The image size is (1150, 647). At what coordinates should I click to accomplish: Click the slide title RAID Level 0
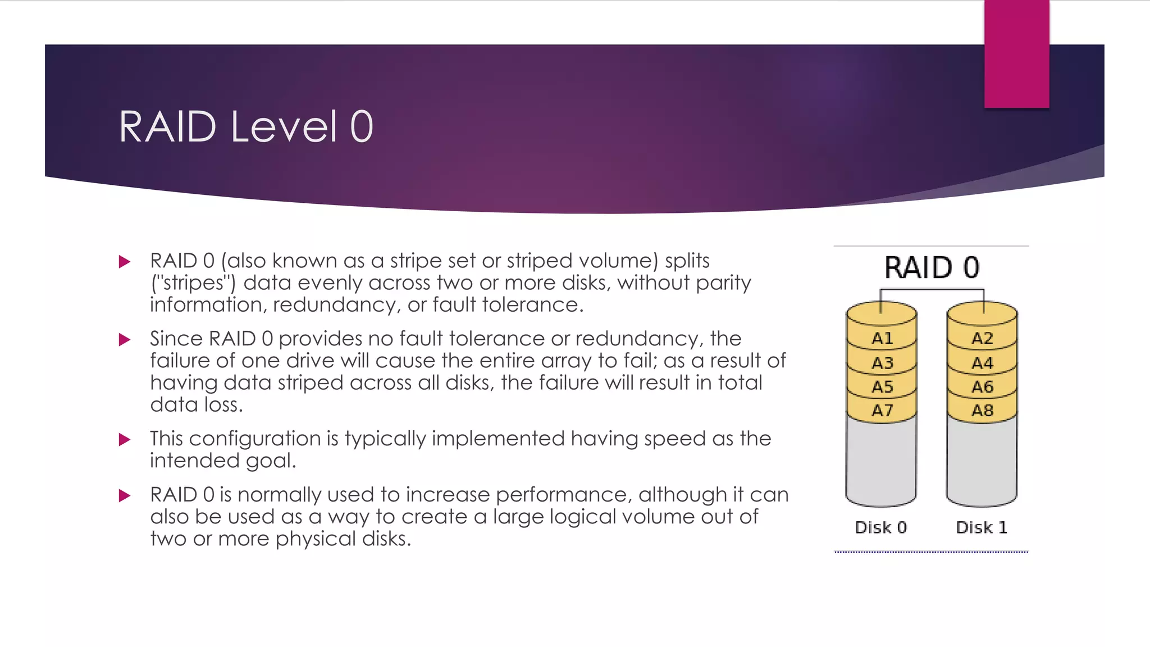click(x=246, y=127)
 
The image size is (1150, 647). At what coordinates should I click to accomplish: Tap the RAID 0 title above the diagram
click(x=932, y=267)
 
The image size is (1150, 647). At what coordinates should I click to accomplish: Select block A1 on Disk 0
click(x=882, y=338)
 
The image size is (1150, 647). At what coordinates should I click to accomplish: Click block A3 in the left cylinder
click(x=882, y=363)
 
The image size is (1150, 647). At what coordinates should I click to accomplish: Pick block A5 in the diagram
click(x=882, y=387)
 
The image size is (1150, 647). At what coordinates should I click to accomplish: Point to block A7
click(x=882, y=411)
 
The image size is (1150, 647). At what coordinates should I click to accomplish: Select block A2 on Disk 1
click(x=982, y=338)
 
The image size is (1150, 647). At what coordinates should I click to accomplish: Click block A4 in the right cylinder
click(x=982, y=363)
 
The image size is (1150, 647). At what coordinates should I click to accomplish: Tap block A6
click(x=982, y=387)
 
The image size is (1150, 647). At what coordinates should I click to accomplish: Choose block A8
click(x=982, y=411)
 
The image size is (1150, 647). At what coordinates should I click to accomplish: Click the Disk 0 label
click(x=880, y=527)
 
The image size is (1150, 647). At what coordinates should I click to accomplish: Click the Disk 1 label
click(x=981, y=527)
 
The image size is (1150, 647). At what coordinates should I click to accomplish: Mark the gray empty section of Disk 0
click(x=880, y=461)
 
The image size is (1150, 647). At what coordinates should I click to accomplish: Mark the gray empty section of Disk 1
click(x=982, y=461)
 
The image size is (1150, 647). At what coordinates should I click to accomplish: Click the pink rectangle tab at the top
click(x=1016, y=53)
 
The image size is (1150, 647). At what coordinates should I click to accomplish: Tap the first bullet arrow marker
click(x=125, y=262)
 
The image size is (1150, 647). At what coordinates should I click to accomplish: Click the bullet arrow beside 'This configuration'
click(x=125, y=439)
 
